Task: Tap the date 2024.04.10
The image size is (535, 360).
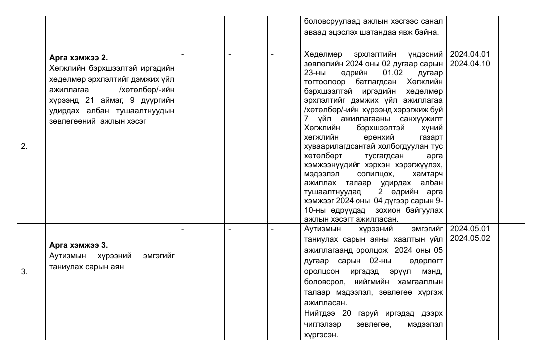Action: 470,63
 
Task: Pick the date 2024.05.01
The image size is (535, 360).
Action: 470,229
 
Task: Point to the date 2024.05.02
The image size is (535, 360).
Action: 470,238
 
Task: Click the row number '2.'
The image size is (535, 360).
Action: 24,147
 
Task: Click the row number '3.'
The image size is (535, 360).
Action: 24,272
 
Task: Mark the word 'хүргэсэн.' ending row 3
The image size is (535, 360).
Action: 321,335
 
